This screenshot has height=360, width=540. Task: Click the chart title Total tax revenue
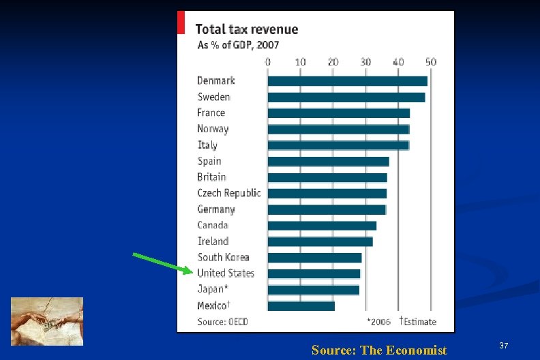point(246,29)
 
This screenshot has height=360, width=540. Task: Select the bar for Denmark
point(347,80)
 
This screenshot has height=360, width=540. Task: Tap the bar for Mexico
point(301,306)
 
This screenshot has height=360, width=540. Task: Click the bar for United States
point(314,273)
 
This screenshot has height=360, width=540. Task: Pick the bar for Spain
point(328,162)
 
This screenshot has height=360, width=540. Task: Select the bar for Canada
point(322,226)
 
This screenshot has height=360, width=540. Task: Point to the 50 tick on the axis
point(430,62)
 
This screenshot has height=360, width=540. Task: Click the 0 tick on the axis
point(268,62)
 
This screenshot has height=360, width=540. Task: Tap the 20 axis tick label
point(333,62)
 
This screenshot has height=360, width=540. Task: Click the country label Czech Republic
point(228,193)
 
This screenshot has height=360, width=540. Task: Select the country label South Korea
point(223,257)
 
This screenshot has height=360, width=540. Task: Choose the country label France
point(211,112)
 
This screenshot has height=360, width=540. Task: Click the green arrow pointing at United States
point(162,262)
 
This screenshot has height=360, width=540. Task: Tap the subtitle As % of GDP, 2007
point(238,45)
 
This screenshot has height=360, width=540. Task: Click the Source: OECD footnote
point(222,321)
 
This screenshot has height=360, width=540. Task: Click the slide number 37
point(504,347)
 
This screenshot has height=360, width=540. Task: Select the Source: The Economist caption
point(379,350)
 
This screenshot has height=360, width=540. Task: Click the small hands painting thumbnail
point(47,321)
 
